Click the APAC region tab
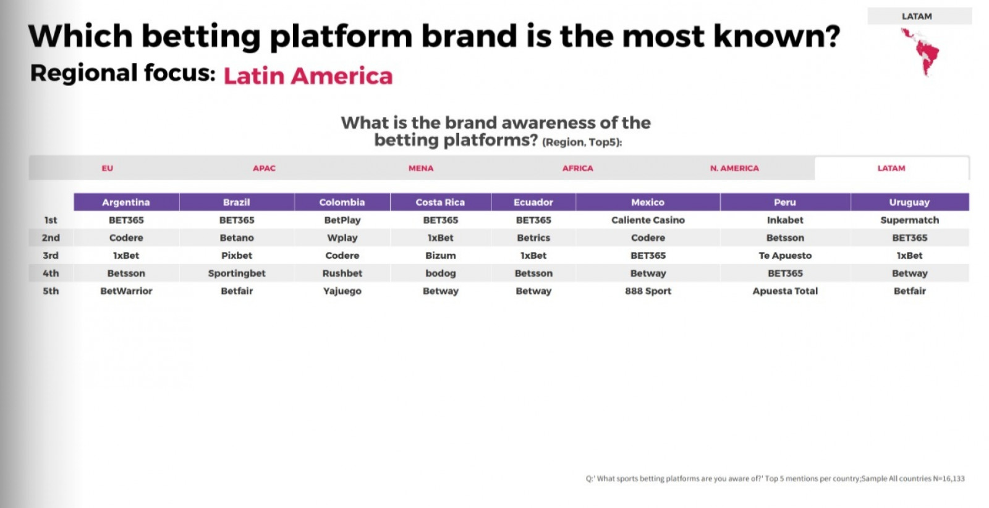pyautogui.click(x=264, y=168)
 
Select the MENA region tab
pyautogui.click(x=421, y=168)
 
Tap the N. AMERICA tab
pyautogui.click(x=734, y=168)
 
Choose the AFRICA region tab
pyautogui.click(x=577, y=168)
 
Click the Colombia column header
pyautogui.click(x=342, y=202)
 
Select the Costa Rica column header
pyautogui.click(x=441, y=202)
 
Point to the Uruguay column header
pyautogui.click(x=909, y=202)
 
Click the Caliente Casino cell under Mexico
pyautogui.click(x=648, y=220)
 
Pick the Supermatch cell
pyautogui.click(x=909, y=220)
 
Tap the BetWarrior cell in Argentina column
pyautogui.click(x=126, y=291)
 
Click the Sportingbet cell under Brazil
pyautogui.click(x=237, y=273)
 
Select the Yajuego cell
pyautogui.click(x=342, y=291)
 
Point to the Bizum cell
pyautogui.click(x=441, y=256)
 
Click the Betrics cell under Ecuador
pyautogui.click(x=533, y=238)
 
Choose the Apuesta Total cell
pyautogui.click(x=785, y=291)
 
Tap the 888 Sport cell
pyautogui.click(x=648, y=291)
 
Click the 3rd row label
pyautogui.click(x=51, y=256)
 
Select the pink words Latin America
pyautogui.click(x=308, y=75)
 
